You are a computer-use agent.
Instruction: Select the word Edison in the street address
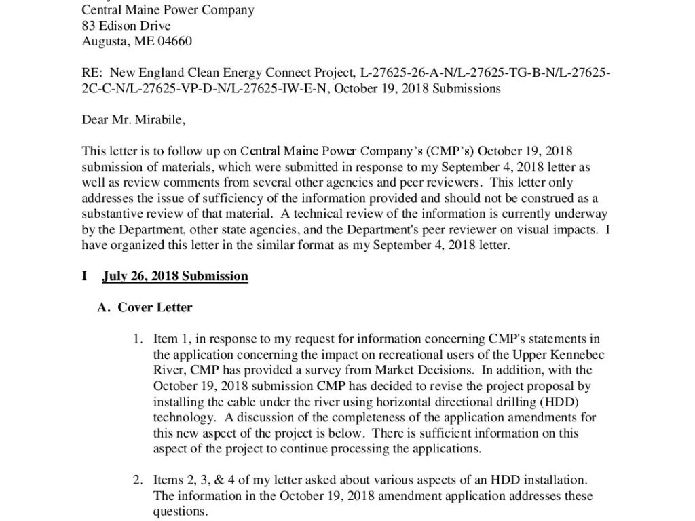[120, 26]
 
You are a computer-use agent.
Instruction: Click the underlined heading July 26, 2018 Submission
[175, 276]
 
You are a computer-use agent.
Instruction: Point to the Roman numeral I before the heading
[84, 276]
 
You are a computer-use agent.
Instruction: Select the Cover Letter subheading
[155, 307]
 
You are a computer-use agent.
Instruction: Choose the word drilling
[490, 402]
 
